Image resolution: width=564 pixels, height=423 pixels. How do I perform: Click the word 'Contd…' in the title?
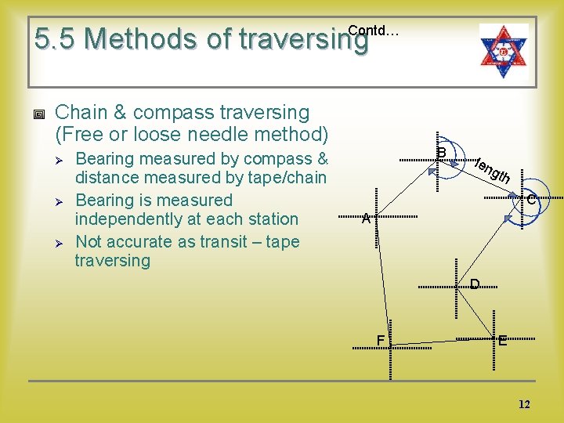[x=373, y=31]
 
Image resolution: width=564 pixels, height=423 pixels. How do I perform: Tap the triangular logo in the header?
[x=504, y=49]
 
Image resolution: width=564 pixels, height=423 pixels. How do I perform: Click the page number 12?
[x=524, y=404]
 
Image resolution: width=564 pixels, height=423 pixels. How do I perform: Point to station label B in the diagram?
[x=441, y=152]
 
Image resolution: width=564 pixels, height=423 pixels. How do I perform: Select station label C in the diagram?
[x=530, y=201]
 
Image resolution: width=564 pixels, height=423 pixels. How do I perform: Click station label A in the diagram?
[x=366, y=220]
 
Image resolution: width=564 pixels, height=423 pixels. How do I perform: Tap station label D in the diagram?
[x=475, y=284]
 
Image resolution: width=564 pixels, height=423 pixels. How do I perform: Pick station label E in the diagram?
[x=502, y=341]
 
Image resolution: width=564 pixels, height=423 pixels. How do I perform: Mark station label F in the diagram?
[x=380, y=340]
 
